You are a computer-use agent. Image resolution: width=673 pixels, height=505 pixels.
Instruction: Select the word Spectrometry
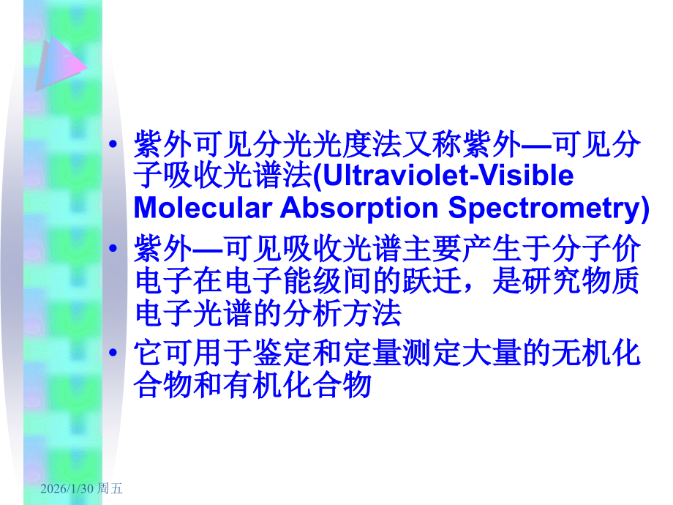click(542, 209)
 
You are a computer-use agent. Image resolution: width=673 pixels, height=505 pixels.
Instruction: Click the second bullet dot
click(113, 250)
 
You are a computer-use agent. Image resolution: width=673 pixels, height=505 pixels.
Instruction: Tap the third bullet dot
click(113, 353)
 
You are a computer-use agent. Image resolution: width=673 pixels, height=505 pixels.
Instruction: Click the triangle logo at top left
click(59, 62)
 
